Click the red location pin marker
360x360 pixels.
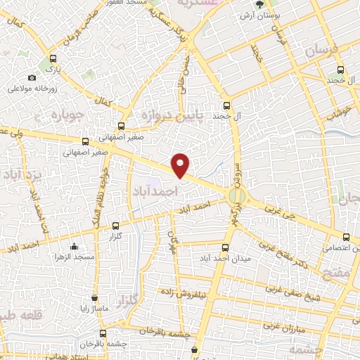tap(181, 165)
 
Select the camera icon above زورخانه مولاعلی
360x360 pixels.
tap(32, 77)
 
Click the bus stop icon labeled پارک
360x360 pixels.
tap(53, 59)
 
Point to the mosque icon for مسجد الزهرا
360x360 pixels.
tap(75, 246)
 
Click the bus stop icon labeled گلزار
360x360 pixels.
tap(116, 226)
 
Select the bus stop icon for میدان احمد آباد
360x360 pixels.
tap(225, 247)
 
